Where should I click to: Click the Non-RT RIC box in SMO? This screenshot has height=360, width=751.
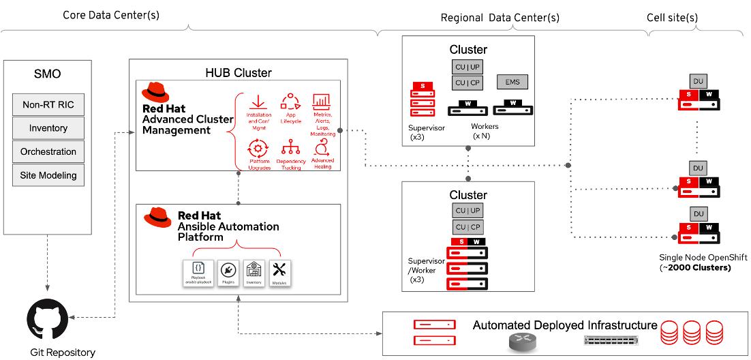pyautogui.click(x=48, y=105)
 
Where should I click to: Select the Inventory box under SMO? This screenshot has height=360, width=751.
pyautogui.click(x=48, y=128)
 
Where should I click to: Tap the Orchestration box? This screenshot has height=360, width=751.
pyautogui.click(x=48, y=151)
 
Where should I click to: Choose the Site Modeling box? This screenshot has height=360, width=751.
pyautogui.click(x=48, y=175)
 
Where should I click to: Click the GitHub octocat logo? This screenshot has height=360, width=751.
pyautogui.click(x=48, y=318)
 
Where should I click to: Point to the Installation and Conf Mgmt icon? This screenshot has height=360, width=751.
pyautogui.click(x=258, y=102)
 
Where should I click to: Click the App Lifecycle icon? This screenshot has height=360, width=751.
pyautogui.click(x=290, y=102)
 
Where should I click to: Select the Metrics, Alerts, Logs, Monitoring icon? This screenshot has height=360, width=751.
pyautogui.click(x=322, y=102)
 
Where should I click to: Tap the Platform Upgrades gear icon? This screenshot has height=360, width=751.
pyautogui.click(x=258, y=148)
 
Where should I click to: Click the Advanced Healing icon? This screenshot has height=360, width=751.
pyautogui.click(x=322, y=148)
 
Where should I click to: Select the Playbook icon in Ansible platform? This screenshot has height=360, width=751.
pyautogui.click(x=198, y=269)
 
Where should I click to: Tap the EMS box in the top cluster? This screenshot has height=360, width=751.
pyautogui.click(x=512, y=82)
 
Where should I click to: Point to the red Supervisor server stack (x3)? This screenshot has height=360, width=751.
pyautogui.click(x=423, y=100)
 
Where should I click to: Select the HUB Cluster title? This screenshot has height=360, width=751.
pyautogui.click(x=239, y=73)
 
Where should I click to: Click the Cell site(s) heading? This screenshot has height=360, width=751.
pyautogui.click(x=672, y=17)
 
